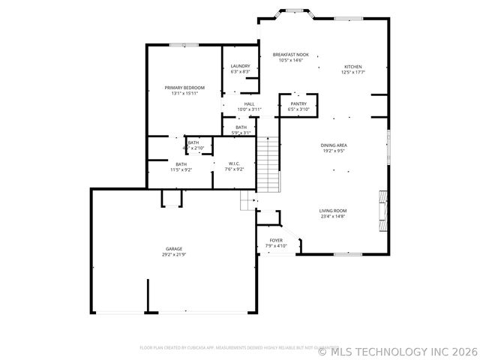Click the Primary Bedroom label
184,88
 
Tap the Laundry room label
240,66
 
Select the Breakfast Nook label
290,55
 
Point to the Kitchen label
352,66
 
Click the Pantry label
298,104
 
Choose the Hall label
249,104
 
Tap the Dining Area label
333,145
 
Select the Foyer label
277,240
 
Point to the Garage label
174,248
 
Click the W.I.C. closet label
235,163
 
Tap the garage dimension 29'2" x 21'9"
174,255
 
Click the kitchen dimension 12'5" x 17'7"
352,72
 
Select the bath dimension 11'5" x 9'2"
181,170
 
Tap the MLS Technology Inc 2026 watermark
397,350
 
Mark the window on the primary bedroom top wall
178,45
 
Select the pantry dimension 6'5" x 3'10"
298,109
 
